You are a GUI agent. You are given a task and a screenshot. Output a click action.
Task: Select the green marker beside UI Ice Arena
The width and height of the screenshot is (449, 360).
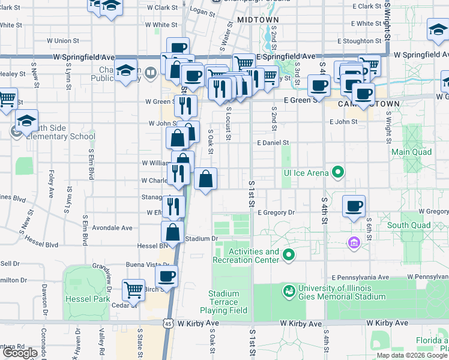pyautogui.click(x=339, y=173)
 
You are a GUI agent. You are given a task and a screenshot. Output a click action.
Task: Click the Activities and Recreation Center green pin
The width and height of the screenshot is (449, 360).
pyautogui.click(x=289, y=256)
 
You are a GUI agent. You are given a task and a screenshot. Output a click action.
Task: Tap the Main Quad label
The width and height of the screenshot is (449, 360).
pyautogui.click(x=412, y=152)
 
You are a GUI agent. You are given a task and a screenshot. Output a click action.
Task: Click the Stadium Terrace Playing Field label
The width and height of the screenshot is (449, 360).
pyautogui.click(x=224, y=302)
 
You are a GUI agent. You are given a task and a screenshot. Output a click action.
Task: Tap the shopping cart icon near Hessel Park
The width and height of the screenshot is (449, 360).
pyautogui.click(x=133, y=289)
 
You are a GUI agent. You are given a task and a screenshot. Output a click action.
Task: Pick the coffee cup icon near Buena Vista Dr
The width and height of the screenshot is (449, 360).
pyautogui.click(x=166, y=275)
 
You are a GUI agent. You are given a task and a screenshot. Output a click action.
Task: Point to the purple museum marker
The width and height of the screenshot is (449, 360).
pyautogui.click(x=354, y=243)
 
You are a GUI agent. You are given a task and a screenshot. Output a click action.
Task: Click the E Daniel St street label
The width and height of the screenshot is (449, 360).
pyautogui.click(x=273, y=143)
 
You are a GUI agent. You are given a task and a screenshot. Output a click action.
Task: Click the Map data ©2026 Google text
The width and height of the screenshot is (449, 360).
pyautogui.click(x=411, y=355)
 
